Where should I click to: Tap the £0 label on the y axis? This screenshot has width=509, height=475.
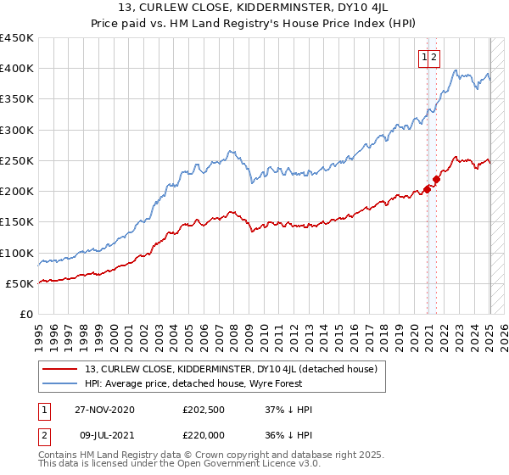(26, 315)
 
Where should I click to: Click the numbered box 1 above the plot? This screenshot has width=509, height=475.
(423, 57)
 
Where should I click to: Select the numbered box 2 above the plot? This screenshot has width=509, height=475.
(433, 57)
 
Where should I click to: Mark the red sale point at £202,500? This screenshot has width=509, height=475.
(427, 190)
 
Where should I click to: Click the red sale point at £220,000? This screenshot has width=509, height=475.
(436, 179)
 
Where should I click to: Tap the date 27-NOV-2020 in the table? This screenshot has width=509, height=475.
(104, 410)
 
